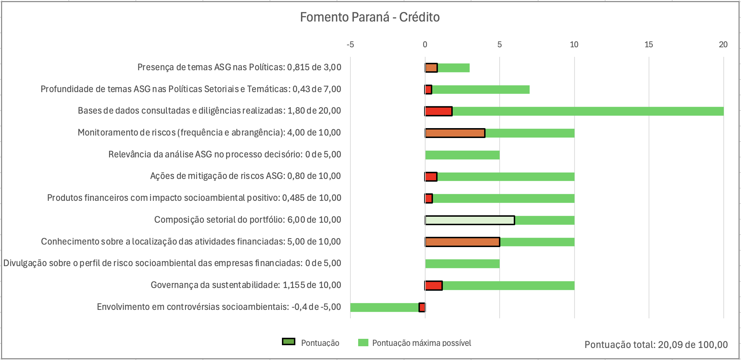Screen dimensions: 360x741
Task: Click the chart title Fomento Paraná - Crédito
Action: click(370, 17)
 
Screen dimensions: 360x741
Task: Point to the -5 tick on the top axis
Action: click(350, 44)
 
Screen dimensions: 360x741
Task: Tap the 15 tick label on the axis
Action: click(649, 44)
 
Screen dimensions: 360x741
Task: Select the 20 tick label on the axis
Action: click(723, 44)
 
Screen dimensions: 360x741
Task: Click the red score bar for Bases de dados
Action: click(439, 111)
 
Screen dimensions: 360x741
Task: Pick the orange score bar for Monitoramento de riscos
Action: click(455, 133)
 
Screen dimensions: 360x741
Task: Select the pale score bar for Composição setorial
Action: click(470, 220)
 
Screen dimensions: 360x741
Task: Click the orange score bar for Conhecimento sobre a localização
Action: click(462, 242)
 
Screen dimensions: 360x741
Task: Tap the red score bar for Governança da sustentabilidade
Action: click(434, 286)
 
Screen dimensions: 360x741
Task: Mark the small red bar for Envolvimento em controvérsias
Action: click(422, 307)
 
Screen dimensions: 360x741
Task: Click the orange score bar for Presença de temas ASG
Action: click(431, 68)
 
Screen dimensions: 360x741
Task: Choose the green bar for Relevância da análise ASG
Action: click(462, 155)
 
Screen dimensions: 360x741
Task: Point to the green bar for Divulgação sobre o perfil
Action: click(462, 264)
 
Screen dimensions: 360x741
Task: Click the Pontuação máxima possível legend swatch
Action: click(363, 343)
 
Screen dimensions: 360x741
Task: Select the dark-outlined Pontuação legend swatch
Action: click(289, 342)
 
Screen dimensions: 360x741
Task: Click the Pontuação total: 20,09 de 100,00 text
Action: click(656, 344)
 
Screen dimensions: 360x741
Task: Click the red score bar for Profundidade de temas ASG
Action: click(428, 90)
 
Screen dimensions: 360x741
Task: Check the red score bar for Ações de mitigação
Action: click(431, 176)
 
